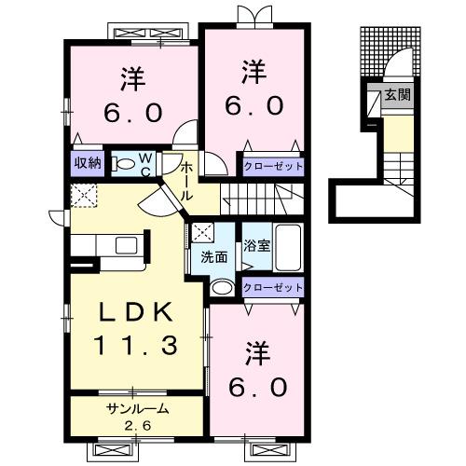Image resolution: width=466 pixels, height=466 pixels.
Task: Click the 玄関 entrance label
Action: click(x=398, y=95)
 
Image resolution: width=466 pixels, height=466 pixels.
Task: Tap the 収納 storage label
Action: click(x=89, y=162)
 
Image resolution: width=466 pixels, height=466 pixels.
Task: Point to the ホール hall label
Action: click(x=186, y=181)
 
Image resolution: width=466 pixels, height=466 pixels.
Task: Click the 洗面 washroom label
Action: click(x=214, y=257)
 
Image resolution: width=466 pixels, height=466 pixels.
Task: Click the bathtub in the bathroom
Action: click(x=288, y=248)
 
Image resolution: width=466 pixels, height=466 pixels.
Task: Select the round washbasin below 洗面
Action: click(x=222, y=287)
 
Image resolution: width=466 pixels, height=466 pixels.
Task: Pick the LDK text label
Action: click(x=136, y=312)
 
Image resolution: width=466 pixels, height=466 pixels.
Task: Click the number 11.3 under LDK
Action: click(x=136, y=345)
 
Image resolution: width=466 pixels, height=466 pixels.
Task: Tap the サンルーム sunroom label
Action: click(x=137, y=408)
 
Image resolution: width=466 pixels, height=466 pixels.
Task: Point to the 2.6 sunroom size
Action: click(x=138, y=425)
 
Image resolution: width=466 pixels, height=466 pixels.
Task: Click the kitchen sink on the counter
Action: click(x=127, y=245)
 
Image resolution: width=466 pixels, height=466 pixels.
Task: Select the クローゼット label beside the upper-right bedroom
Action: click(x=273, y=166)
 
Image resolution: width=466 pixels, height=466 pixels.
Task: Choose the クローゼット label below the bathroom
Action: click(x=273, y=287)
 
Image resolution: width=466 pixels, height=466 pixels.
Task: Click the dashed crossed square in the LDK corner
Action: click(x=84, y=195)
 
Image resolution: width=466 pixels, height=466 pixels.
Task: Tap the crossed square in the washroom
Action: click(x=202, y=233)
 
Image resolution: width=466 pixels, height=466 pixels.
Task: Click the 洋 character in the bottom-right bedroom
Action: click(x=257, y=354)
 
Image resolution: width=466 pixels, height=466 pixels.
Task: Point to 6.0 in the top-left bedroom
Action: click(x=133, y=113)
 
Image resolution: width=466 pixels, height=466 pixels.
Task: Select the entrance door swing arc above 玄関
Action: click(x=397, y=61)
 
